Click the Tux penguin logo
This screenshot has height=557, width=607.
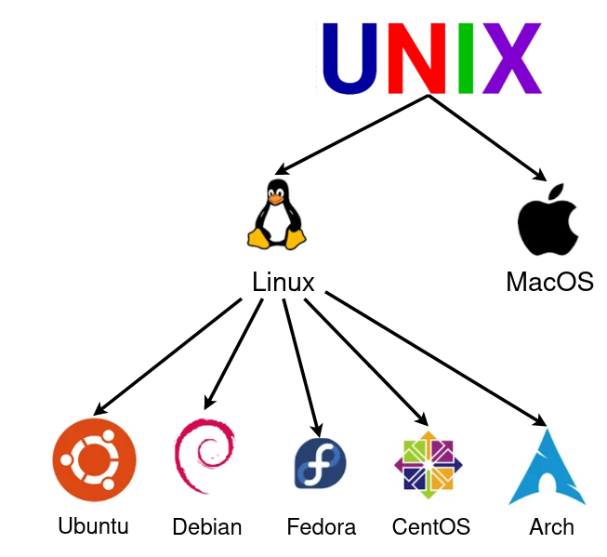275,215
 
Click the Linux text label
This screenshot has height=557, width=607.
284,282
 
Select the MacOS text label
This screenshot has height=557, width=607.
549,281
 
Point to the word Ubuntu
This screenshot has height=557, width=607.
93,525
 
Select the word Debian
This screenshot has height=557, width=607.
207,527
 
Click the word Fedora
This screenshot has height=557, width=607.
322,527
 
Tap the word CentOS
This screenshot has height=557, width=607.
431,527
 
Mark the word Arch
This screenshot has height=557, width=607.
552,527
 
